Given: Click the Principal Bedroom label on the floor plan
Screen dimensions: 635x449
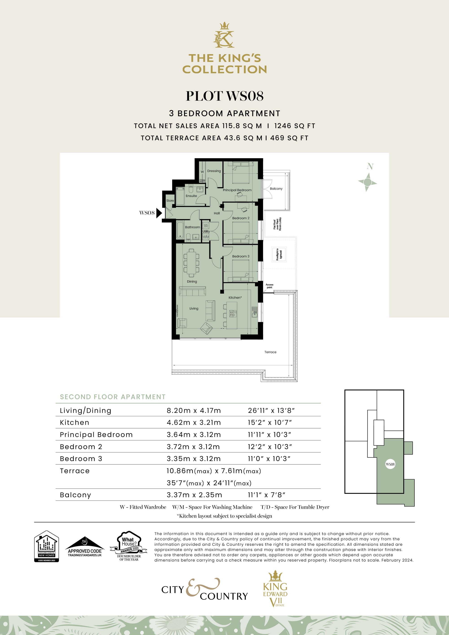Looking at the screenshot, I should pos(237,190).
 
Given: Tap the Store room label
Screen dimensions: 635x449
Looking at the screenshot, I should pos(170,200).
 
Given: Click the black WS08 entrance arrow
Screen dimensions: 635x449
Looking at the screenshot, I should pos(159,213).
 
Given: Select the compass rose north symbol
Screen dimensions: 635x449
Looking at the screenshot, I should pos(367,182).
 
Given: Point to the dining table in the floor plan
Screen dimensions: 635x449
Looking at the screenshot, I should pos(191,262).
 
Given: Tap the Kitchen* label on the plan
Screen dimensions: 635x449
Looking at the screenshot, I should pos(235,298).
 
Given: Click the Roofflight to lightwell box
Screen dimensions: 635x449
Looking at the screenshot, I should pos(279,254).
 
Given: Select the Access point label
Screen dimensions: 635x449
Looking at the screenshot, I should pos(269,286).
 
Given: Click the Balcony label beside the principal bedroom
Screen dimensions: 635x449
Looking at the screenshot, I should pos(276,189).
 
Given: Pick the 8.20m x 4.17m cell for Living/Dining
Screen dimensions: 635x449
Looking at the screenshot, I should pos(194,411).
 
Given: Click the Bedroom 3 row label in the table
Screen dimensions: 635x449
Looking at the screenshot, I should pos(81,459).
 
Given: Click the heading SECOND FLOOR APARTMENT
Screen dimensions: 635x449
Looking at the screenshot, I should pos(113,397).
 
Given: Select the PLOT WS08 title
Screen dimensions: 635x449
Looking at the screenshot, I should pos(224,96).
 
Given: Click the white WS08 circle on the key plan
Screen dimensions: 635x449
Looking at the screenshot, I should pos(390,464).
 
